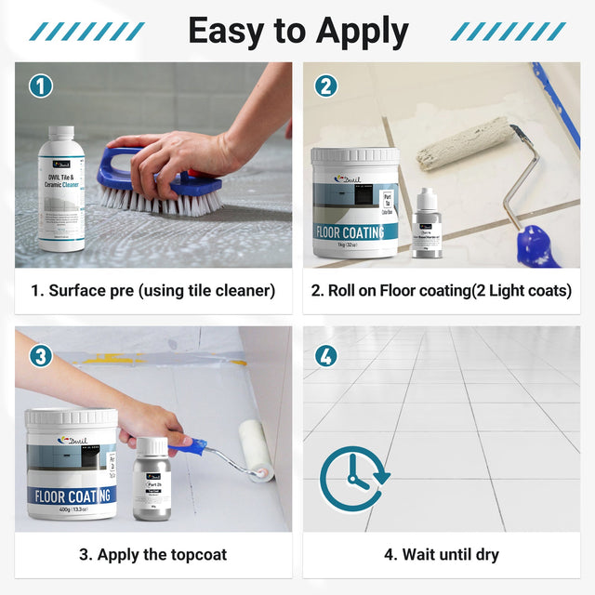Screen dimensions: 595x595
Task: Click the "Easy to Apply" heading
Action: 297,31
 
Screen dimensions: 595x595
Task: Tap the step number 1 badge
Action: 40,86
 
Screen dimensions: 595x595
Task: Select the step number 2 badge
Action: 325,86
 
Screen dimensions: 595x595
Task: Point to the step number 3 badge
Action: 40,354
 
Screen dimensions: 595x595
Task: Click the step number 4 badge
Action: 325,354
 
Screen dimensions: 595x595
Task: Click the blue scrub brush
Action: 163,186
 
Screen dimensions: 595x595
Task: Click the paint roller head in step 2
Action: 464,144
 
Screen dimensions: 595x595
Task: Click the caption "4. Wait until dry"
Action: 442,555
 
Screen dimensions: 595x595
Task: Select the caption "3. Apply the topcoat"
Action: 153,555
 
